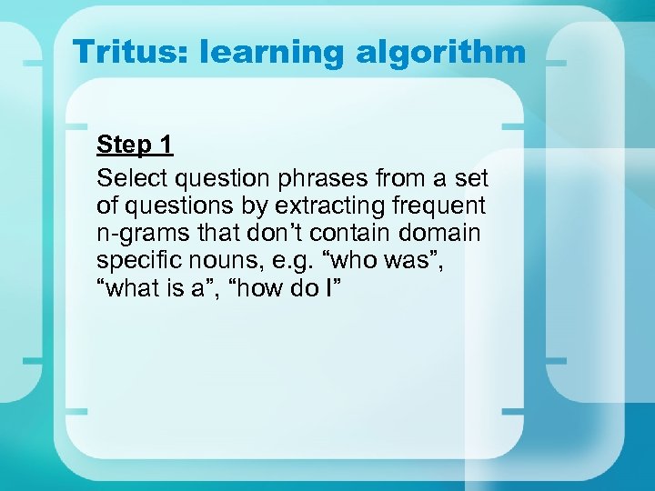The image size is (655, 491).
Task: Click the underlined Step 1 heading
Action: (x=135, y=145)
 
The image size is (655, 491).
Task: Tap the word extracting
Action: (x=299, y=205)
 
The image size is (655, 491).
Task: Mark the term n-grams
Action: (x=136, y=233)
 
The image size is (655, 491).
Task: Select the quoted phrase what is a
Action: (x=162, y=289)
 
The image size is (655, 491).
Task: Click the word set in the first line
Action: (x=470, y=176)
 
